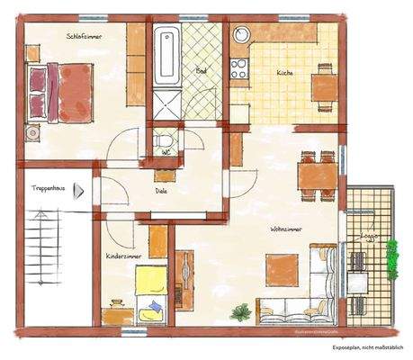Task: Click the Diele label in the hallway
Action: [161, 191]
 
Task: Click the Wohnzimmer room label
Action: [285, 229]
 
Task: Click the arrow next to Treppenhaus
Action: [79, 191]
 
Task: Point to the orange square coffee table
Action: [282, 267]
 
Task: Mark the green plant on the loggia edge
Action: [392, 258]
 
